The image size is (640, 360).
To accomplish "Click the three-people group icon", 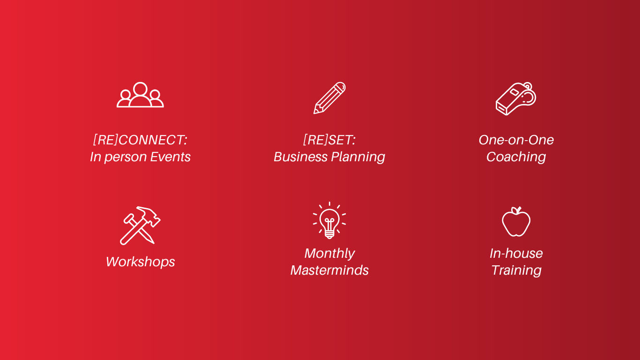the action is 140,98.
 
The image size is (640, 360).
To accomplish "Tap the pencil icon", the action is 329,98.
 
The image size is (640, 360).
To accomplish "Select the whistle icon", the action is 516,98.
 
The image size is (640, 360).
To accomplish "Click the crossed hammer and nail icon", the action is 140,225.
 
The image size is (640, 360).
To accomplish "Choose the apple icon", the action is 516,222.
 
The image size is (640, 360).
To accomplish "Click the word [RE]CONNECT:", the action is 140,140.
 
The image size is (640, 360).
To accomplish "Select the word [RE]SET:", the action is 329,140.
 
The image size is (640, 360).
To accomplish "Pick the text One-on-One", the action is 516,140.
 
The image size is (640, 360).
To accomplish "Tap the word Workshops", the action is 140,262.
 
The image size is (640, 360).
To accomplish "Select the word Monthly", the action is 329,254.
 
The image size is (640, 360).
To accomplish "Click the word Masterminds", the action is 329,270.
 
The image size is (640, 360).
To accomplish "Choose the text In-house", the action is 516,253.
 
